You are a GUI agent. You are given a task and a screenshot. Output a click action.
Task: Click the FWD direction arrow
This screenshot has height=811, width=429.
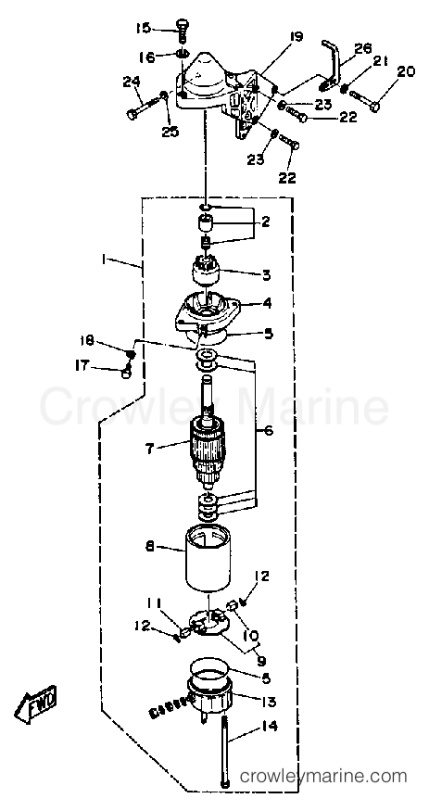35,705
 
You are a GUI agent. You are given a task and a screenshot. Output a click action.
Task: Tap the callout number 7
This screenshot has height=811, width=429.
149,448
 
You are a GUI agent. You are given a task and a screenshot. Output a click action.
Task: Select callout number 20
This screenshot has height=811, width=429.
406,72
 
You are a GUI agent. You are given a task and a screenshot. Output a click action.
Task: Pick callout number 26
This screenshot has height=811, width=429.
363,49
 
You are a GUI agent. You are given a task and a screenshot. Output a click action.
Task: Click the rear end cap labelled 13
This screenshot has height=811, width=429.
209,698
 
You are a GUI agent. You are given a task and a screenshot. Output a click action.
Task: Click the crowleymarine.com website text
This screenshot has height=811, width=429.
323,777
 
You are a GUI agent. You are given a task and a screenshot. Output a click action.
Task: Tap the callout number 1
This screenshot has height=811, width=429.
104,260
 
